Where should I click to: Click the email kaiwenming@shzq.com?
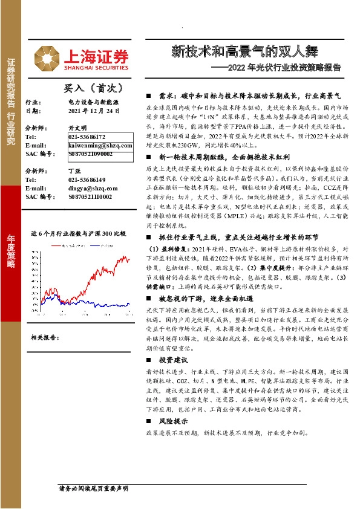pos(95,146)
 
